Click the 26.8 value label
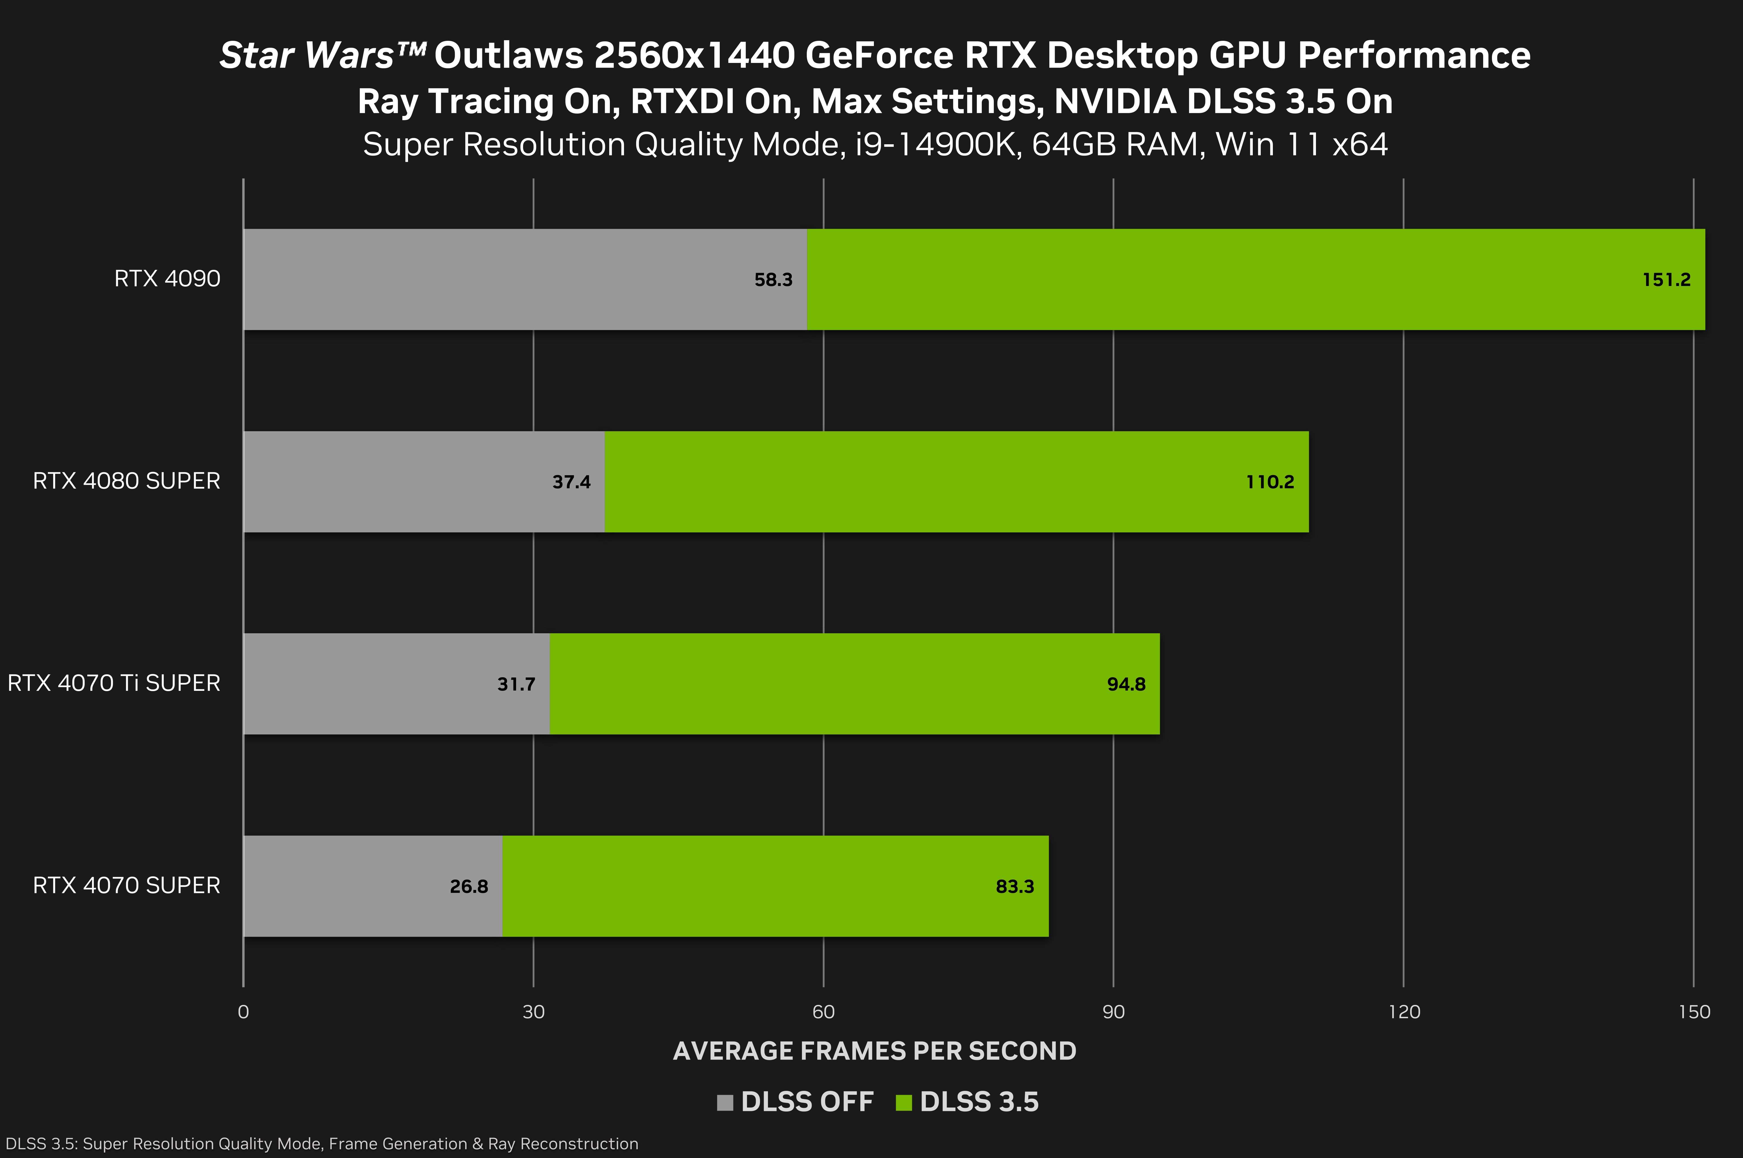click(469, 886)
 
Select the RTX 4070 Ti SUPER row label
click(114, 683)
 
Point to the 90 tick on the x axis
click(1113, 1012)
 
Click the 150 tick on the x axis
click(1693, 1012)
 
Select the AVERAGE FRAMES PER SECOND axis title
click(875, 1051)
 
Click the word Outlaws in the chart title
click(509, 55)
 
